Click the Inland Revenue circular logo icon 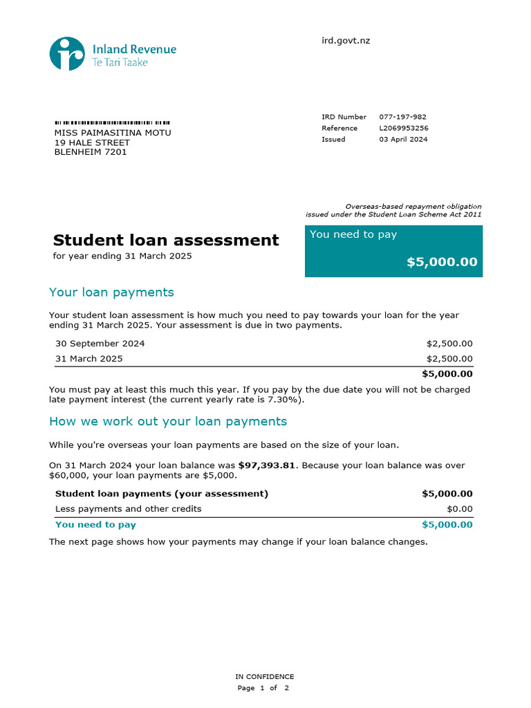pyautogui.click(x=67, y=53)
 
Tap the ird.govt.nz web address pyautogui.click(x=346, y=41)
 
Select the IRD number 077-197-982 pyautogui.click(x=402, y=117)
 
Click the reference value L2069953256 pyautogui.click(x=404, y=128)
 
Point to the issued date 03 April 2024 pyautogui.click(x=403, y=139)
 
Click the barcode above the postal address pyautogui.click(x=112, y=122)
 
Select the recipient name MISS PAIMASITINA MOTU pyautogui.click(x=113, y=133)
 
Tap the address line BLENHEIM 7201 pyautogui.click(x=91, y=152)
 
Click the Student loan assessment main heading pyautogui.click(x=166, y=240)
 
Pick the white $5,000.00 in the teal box pyautogui.click(x=442, y=262)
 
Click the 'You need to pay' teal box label pyautogui.click(x=353, y=234)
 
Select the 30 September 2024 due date pyautogui.click(x=100, y=344)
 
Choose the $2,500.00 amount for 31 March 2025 pyautogui.click(x=449, y=359)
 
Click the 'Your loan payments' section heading pyautogui.click(x=111, y=292)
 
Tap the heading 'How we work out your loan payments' pyautogui.click(x=168, y=421)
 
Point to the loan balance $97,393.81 pyautogui.click(x=266, y=465)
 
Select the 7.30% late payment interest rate pyautogui.click(x=286, y=400)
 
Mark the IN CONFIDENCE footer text pyautogui.click(x=265, y=677)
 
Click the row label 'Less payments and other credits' pyautogui.click(x=129, y=509)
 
